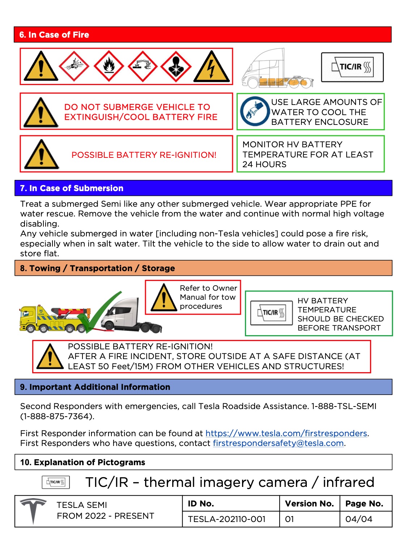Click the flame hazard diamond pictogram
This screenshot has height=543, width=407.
tap(109, 66)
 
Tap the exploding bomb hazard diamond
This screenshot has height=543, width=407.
tap(74, 66)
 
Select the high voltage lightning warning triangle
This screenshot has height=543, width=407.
tap(212, 67)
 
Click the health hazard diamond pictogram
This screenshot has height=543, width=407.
tap(176, 67)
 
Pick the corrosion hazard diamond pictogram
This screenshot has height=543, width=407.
tap(143, 66)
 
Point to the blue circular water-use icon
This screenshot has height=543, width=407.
tap(255, 111)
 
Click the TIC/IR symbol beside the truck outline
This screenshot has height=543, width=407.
tap(352, 67)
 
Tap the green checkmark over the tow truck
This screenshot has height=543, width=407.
tap(99, 311)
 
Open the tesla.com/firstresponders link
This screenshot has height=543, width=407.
tap(286, 433)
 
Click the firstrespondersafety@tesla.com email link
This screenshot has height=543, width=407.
tap(278, 443)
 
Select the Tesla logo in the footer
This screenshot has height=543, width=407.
tap(33, 510)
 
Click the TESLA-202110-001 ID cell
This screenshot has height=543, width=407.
tap(227, 519)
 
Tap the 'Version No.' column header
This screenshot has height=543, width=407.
tap(309, 504)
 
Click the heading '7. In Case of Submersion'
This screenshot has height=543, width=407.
tap(72, 188)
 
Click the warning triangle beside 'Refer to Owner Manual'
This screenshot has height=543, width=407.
tap(164, 298)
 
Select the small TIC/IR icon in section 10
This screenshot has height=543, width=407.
tap(56, 482)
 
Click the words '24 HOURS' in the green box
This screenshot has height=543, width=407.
tap(264, 164)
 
